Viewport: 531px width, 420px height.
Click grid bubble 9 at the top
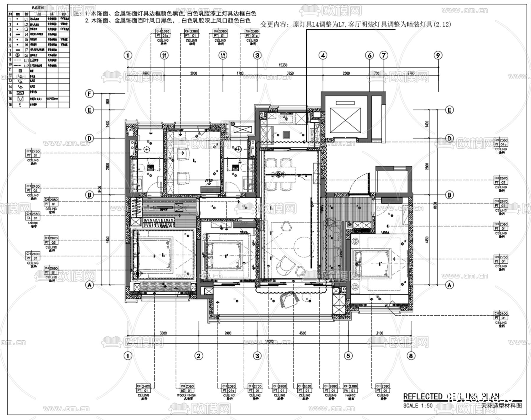pyautogui.click(x=438, y=55)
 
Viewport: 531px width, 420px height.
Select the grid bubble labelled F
pyautogui.click(x=89, y=94)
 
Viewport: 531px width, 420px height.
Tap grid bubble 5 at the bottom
pyautogui.click(x=348, y=356)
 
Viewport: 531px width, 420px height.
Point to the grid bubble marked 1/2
pyautogui.click(x=223, y=55)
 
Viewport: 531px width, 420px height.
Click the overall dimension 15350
pyautogui.click(x=283, y=65)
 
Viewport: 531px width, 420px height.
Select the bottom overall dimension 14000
pyautogui.click(x=269, y=341)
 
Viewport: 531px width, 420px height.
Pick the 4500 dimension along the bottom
pyautogui.click(x=303, y=333)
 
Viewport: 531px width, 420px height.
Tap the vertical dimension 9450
pyautogui.click(x=100, y=189)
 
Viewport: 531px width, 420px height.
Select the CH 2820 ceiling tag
pyautogui.click(x=51, y=238)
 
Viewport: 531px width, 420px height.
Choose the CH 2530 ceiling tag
pyautogui.click(x=304, y=386)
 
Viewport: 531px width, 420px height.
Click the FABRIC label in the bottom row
pyautogui.click(x=350, y=395)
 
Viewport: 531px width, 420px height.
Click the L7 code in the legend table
pyautogui.click(x=26, y=50)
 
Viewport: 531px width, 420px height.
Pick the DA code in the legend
pyautogui.click(x=26, y=55)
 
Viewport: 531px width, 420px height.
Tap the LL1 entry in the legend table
pyautogui.click(x=26, y=60)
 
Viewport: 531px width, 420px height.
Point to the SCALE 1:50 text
pyautogui.click(x=418, y=406)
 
